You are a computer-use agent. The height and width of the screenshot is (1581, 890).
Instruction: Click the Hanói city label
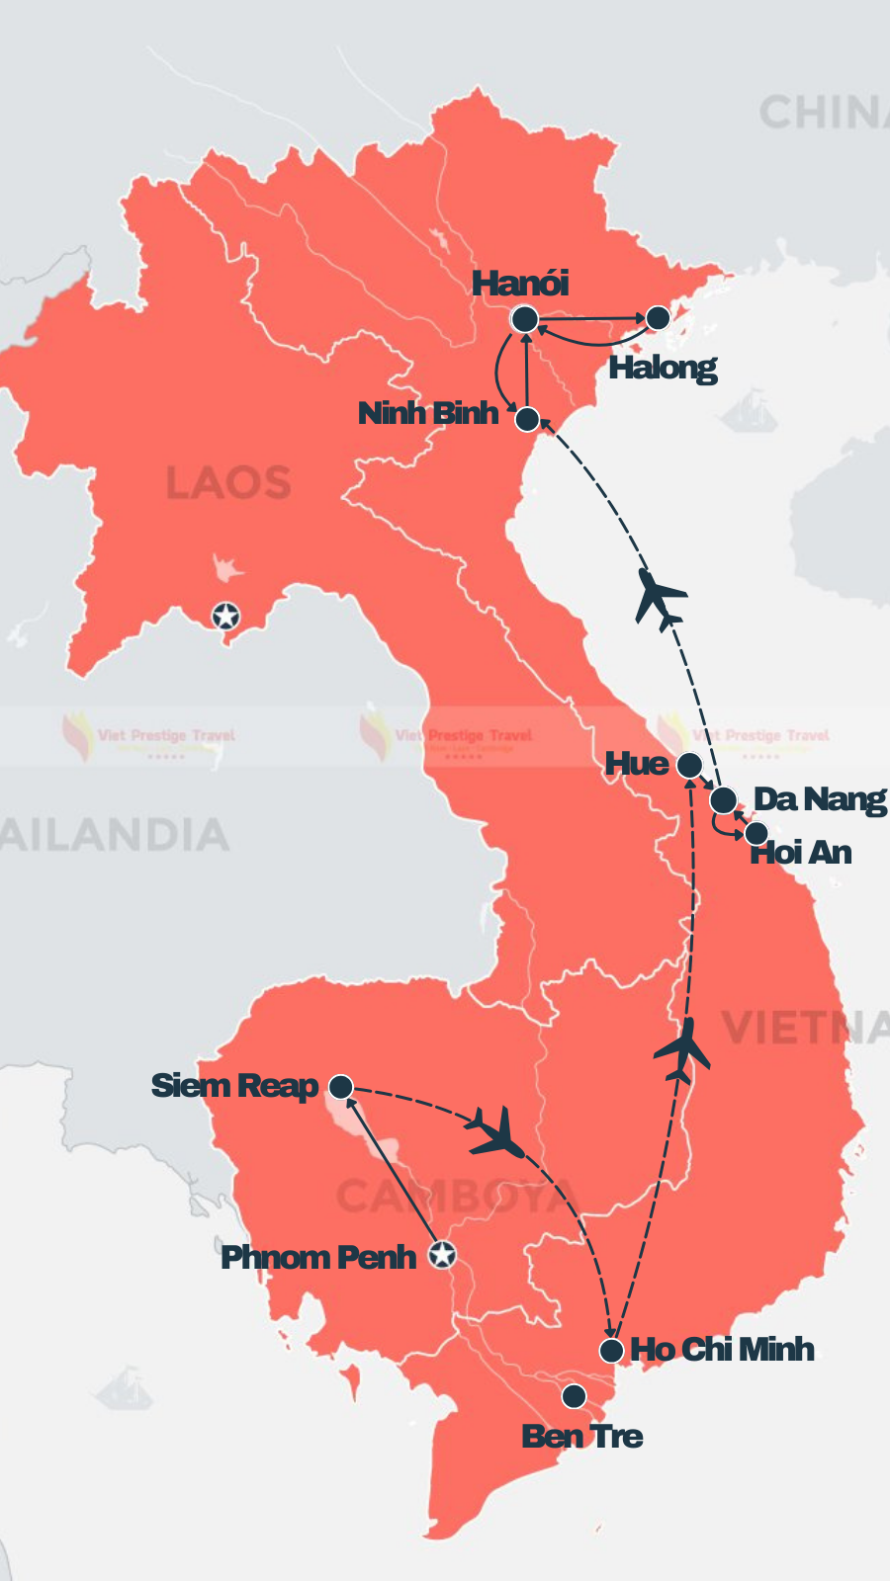pos(520,284)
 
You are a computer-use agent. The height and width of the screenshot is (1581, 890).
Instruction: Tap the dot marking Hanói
pos(525,319)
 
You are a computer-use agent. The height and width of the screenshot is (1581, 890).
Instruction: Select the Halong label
pos(663,368)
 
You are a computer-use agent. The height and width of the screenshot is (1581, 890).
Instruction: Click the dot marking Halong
pos(658,317)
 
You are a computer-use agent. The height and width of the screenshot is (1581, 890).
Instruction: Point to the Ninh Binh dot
pos(528,419)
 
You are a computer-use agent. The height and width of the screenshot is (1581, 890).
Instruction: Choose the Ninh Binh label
pos(428,413)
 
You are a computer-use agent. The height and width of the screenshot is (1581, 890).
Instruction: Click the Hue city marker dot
pos(689,765)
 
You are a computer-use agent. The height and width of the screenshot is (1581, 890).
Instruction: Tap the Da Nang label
pos(820,799)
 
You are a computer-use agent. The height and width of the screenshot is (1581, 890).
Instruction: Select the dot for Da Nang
pos(723,799)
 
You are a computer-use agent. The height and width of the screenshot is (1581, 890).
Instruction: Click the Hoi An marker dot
pos(756,832)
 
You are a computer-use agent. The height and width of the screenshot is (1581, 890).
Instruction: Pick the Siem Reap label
pos(234,1086)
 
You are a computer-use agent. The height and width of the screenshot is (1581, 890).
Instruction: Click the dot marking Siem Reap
pos(341,1087)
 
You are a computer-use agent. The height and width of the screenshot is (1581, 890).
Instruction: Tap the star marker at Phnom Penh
pos(442,1255)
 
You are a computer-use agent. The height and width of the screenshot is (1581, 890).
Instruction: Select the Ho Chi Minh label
pos(722,1350)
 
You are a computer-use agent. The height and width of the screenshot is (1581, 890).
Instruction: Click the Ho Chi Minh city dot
pos(612,1350)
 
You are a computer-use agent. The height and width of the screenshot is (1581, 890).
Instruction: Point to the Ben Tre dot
pos(574,1396)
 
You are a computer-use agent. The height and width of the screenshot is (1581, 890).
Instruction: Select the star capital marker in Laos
pos(226,617)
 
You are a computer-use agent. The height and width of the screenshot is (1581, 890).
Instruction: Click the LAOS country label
pos(228,483)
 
